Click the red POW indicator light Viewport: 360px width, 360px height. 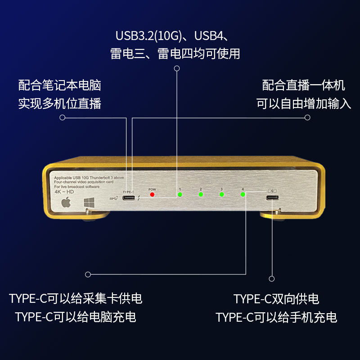point(152,194)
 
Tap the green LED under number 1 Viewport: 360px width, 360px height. point(180,194)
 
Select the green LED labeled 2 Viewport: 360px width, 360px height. point(201,194)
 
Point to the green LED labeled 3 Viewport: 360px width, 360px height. point(221,194)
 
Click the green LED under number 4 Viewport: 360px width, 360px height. point(243,194)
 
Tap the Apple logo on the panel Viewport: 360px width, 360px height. point(66,202)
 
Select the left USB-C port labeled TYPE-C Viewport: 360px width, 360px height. point(129,198)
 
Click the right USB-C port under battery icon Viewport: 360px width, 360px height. point(272,198)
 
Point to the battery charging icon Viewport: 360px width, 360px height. point(273,190)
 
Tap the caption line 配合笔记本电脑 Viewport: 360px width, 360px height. point(59,85)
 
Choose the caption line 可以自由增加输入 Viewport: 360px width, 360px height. point(304,103)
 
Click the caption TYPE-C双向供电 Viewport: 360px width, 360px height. point(276,299)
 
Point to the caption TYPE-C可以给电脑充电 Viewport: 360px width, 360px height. point(76,317)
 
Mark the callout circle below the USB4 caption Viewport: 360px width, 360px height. point(177,69)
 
